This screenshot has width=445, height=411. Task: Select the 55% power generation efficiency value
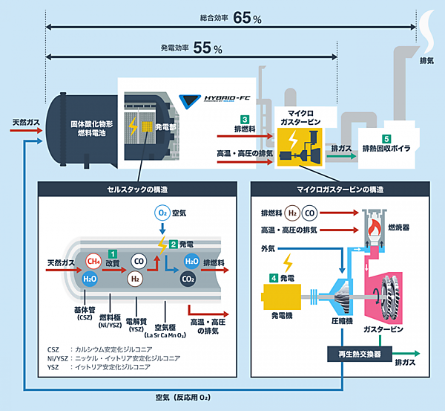[x=207, y=48]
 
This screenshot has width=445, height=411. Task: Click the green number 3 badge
[x=243, y=119]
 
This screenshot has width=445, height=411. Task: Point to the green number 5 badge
[x=386, y=138]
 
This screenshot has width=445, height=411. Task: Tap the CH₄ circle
[x=93, y=262]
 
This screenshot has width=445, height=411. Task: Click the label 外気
[x=268, y=247]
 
